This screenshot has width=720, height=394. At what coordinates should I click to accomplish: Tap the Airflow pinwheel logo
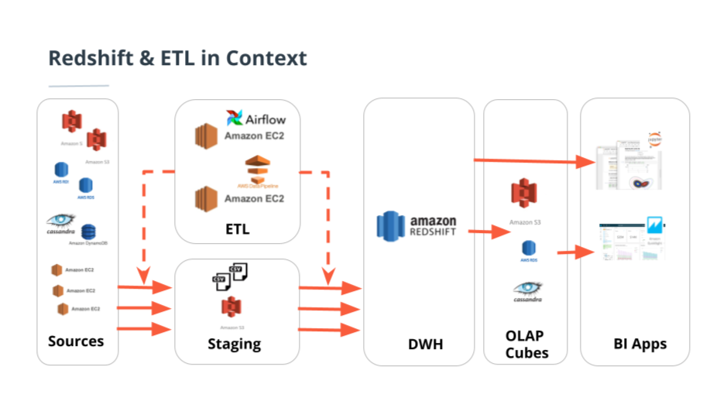click(235, 118)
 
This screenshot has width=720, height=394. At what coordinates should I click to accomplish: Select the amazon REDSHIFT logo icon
click(391, 224)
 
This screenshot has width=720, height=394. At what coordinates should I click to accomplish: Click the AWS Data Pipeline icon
click(255, 170)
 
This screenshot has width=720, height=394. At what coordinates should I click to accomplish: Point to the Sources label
click(76, 341)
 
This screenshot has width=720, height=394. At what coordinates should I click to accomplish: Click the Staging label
click(235, 344)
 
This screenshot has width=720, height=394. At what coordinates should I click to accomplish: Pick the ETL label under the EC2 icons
click(237, 229)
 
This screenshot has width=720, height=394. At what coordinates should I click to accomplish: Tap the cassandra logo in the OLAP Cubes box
click(526, 290)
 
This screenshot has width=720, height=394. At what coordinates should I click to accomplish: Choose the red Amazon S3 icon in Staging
click(231, 307)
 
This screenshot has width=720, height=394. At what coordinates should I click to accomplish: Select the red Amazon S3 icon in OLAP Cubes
click(524, 194)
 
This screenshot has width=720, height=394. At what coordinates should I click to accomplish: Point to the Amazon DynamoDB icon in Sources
click(88, 231)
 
